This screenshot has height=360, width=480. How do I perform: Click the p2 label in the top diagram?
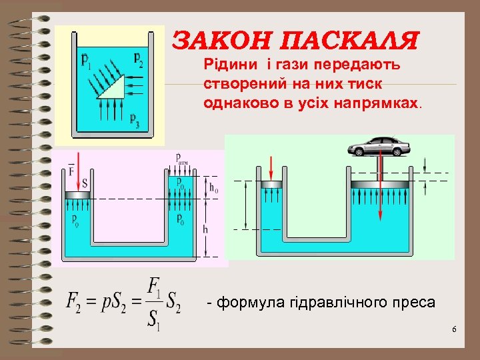coord(138,59)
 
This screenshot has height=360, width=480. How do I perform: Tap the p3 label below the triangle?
coord(135,121)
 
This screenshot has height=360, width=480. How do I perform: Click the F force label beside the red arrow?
coord(71,172)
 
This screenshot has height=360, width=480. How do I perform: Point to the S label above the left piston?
coord(84,181)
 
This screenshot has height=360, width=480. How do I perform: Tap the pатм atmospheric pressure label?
coord(181,158)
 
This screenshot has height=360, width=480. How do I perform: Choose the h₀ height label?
coord(213,189)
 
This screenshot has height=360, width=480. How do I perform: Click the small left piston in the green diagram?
coord(273,184)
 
